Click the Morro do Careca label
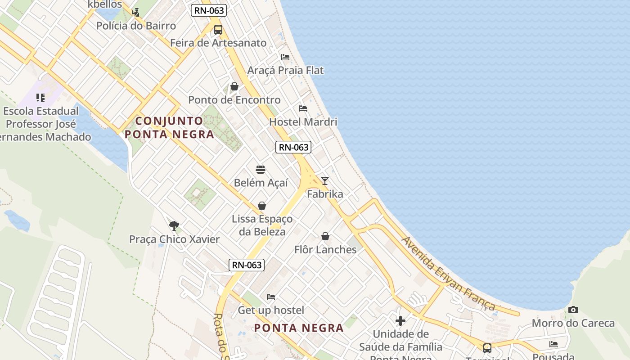pyautogui.click(x=573, y=323)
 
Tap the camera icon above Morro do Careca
pyautogui.click(x=573, y=310)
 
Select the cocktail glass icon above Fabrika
pyautogui.click(x=324, y=181)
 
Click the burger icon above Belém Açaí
pyautogui.click(x=261, y=170)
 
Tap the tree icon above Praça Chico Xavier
pyautogui.click(x=174, y=225)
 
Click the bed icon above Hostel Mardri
pyautogui.click(x=303, y=108)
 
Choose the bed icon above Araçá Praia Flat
pyautogui.click(x=285, y=57)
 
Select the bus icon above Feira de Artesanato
pyautogui.click(x=218, y=30)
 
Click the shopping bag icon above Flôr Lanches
pyautogui.click(x=325, y=236)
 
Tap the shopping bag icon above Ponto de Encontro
pyautogui.click(x=234, y=86)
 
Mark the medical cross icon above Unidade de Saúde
pyautogui.click(x=400, y=320)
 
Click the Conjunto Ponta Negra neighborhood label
pyautogui.click(x=169, y=127)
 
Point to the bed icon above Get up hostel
pyautogui.click(x=271, y=297)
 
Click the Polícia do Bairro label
pyautogui.click(x=136, y=26)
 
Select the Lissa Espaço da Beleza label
pyautogui.click(x=262, y=225)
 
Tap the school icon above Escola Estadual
pyautogui.click(x=40, y=97)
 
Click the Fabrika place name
pyautogui.click(x=325, y=194)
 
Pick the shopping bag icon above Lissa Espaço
pyautogui.click(x=262, y=206)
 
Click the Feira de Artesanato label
pyautogui.click(x=218, y=43)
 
